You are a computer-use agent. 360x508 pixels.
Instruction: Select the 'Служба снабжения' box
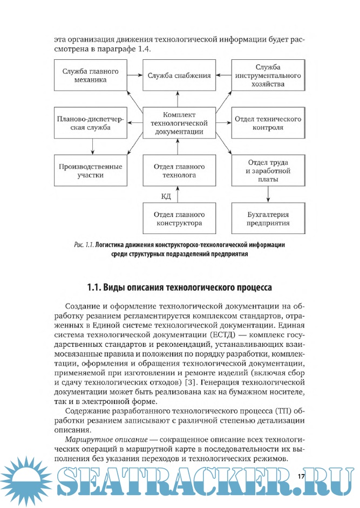[x=179, y=75]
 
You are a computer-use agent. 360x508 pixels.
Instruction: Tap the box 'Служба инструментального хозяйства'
[x=267, y=75]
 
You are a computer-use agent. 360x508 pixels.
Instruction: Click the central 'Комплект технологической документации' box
[x=179, y=123]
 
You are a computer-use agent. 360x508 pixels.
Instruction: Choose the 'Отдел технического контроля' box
[x=267, y=123]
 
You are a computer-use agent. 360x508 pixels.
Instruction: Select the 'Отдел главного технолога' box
[x=179, y=170]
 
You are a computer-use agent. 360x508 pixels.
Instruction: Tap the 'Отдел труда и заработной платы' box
[x=267, y=170]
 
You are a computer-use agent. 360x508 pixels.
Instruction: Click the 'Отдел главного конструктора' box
[x=179, y=218]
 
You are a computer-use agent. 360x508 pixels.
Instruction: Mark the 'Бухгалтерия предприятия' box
[x=267, y=218]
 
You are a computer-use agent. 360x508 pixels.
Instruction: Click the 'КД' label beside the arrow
[x=166, y=195]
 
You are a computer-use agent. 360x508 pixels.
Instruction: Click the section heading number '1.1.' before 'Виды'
[x=96, y=286]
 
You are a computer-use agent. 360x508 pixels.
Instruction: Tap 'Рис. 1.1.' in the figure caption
[x=84, y=244]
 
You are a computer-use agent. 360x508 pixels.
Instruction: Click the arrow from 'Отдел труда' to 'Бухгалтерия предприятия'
[x=267, y=194]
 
